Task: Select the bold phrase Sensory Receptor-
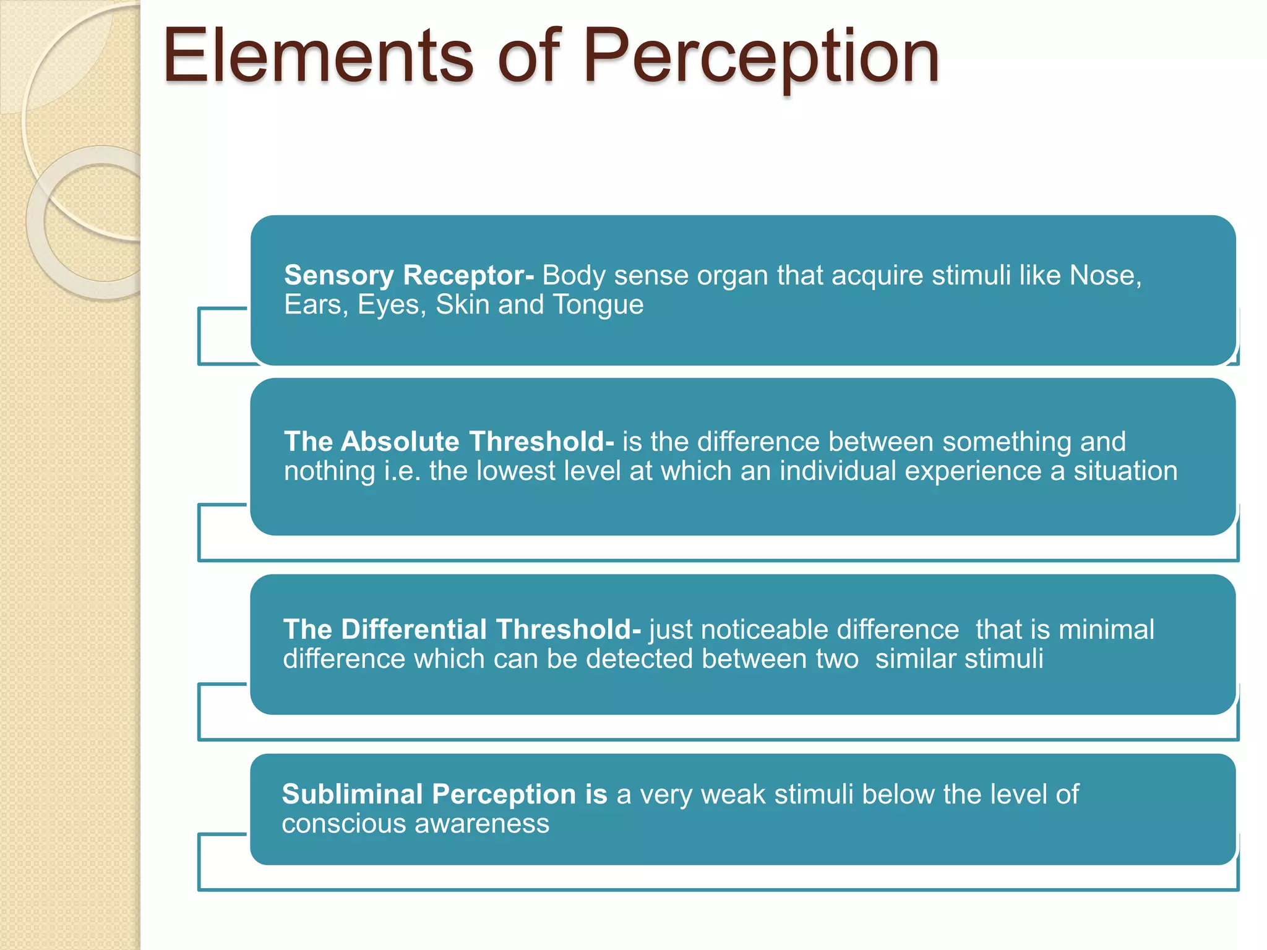click(408, 275)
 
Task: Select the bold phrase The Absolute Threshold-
click(449, 442)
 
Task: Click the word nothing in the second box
click(329, 471)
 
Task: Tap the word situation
click(1125, 471)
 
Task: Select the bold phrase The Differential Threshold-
click(462, 630)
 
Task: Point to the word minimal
click(1106, 630)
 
